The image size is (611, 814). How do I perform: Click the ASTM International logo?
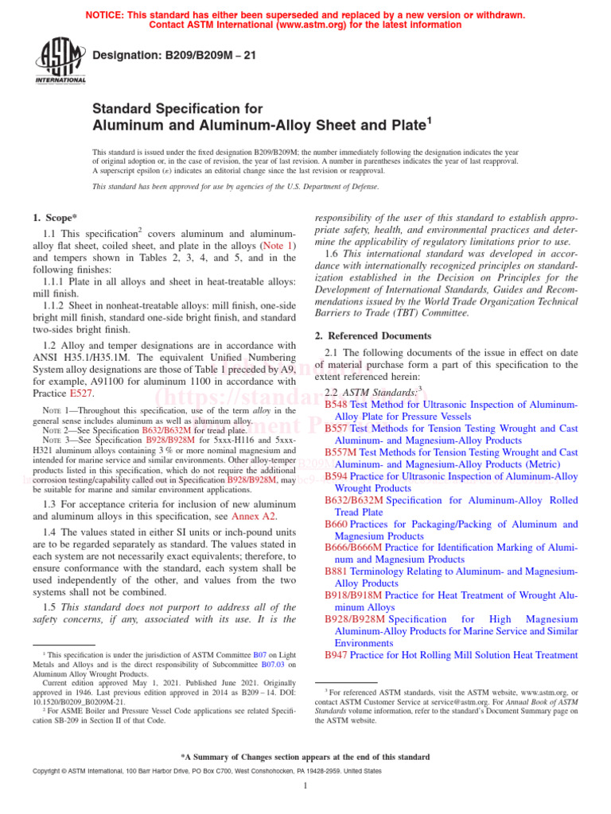(x=60, y=62)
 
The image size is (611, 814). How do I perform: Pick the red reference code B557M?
(x=341, y=452)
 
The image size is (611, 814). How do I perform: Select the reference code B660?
(x=337, y=524)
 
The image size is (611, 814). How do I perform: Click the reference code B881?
(x=337, y=572)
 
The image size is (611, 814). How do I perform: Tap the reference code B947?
(x=337, y=655)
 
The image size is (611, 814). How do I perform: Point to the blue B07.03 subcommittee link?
(x=275, y=665)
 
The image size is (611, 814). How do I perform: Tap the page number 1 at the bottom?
(x=305, y=786)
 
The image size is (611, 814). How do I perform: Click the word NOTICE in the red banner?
(x=108, y=15)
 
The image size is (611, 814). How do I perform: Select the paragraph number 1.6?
(x=333, y=254)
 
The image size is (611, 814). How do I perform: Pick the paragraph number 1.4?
(x=49, y=532)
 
